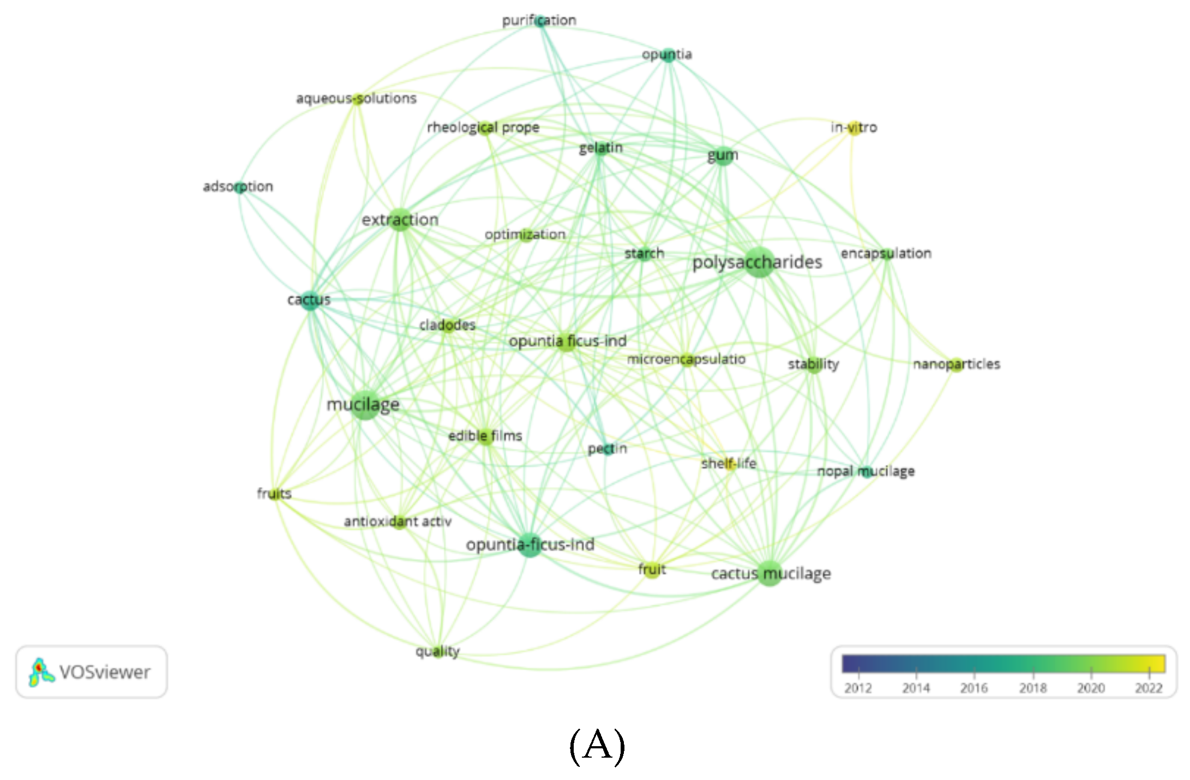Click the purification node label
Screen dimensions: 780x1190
click(539, 21)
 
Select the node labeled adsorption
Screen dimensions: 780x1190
click(238, 187)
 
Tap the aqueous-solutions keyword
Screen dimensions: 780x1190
click(356, 99)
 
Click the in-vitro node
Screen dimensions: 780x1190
click(854, 128)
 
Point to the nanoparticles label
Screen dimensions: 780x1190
click(957, 364)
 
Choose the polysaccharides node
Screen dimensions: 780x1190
click(758, 262)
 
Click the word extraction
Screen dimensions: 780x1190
click(400, 220)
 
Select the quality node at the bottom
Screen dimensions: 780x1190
click(437, 651)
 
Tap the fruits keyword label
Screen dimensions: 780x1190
click(274, 494)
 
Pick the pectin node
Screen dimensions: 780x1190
click(607, 449)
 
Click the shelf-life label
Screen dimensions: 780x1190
click(729, 464)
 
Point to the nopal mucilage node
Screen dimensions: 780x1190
click(866, 471)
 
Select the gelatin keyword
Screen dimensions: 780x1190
click(600, 148)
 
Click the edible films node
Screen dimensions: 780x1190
click(485, 436)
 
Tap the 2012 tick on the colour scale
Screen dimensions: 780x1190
click(858, 688)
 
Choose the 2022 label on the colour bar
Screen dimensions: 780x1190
click(1149, 688)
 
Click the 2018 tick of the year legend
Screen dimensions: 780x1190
click(1032, 688)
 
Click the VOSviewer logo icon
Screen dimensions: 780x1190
click(41, 672)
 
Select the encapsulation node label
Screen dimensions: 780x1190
click(886, 254)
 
